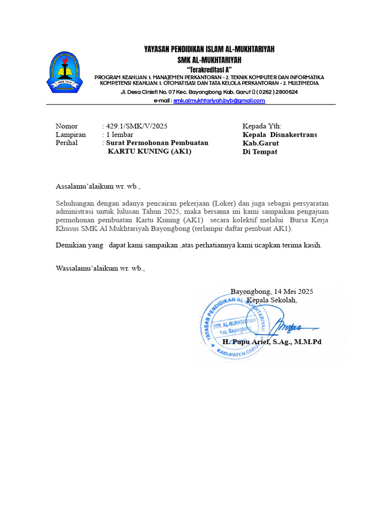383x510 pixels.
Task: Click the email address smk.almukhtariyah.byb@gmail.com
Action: [219, 100]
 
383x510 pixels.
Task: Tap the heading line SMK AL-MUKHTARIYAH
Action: [209, 60]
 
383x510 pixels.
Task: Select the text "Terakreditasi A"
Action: [209, 69]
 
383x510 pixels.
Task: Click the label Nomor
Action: [67, 126]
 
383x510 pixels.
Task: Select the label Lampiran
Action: [70, 134]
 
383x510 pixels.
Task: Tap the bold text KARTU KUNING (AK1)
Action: [150, 151]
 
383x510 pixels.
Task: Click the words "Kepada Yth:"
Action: [262, 126]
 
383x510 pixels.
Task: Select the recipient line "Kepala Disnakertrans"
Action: [279, 134]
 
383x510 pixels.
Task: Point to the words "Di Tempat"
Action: [259, 152]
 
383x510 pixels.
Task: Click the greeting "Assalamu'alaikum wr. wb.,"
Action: [98, 187]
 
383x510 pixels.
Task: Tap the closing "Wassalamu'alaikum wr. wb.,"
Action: [100, 268]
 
